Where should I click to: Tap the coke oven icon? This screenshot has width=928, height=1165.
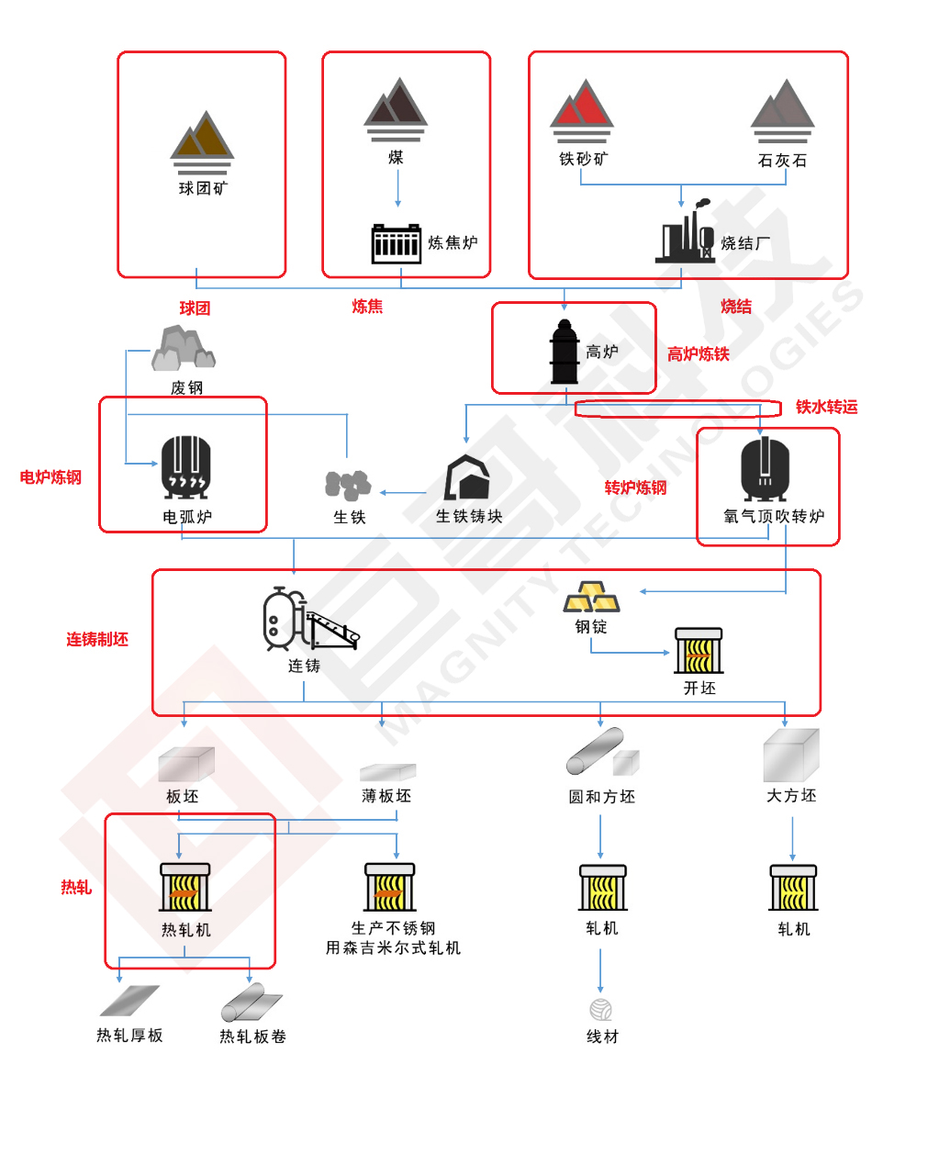[396, 243]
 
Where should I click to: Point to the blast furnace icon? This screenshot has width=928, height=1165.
[564, 353]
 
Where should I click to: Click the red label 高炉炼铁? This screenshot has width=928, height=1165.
[698, 354]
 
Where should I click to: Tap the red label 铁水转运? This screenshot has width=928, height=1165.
[826, 407]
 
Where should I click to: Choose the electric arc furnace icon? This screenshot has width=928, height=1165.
[186, 468]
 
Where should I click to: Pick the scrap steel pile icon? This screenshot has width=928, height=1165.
[184, 349]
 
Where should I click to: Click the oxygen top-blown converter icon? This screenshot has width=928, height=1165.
[766, 468]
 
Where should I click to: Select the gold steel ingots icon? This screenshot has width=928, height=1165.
[591, 597]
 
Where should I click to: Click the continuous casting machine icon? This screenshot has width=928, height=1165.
[308, 621]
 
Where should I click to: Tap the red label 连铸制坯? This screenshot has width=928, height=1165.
[97, 639]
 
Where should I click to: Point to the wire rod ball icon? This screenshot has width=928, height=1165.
[601, 1010]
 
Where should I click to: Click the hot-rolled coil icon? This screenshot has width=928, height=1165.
[252, 1003]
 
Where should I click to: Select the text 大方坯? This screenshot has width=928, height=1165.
[791, 796]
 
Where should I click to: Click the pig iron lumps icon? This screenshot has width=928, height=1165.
[348, 485]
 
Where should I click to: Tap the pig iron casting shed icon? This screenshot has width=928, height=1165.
[467, 478]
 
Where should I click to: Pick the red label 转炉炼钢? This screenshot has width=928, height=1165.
[635, 487]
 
